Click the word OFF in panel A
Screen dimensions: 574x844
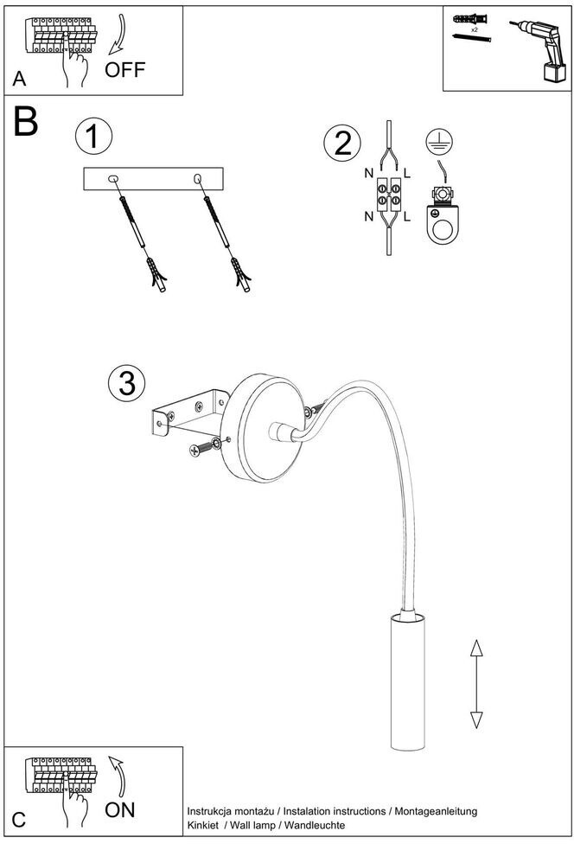(x=125, y=69)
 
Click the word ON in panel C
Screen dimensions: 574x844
(x=120, y=810)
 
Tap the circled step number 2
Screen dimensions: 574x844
(x=342, y=143)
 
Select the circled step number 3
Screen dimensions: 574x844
(x=126, y=382)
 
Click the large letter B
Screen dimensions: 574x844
(x=25, y=123)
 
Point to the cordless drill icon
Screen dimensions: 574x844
(x=538, y=50)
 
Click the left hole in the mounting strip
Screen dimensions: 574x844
(x=112, y=179)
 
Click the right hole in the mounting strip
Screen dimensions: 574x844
(x=198, y=179)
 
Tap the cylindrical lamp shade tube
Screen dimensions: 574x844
(x=407, y=683)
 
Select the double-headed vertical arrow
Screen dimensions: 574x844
(x=475, y=683)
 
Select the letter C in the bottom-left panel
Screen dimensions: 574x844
(x=19, y=821)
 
